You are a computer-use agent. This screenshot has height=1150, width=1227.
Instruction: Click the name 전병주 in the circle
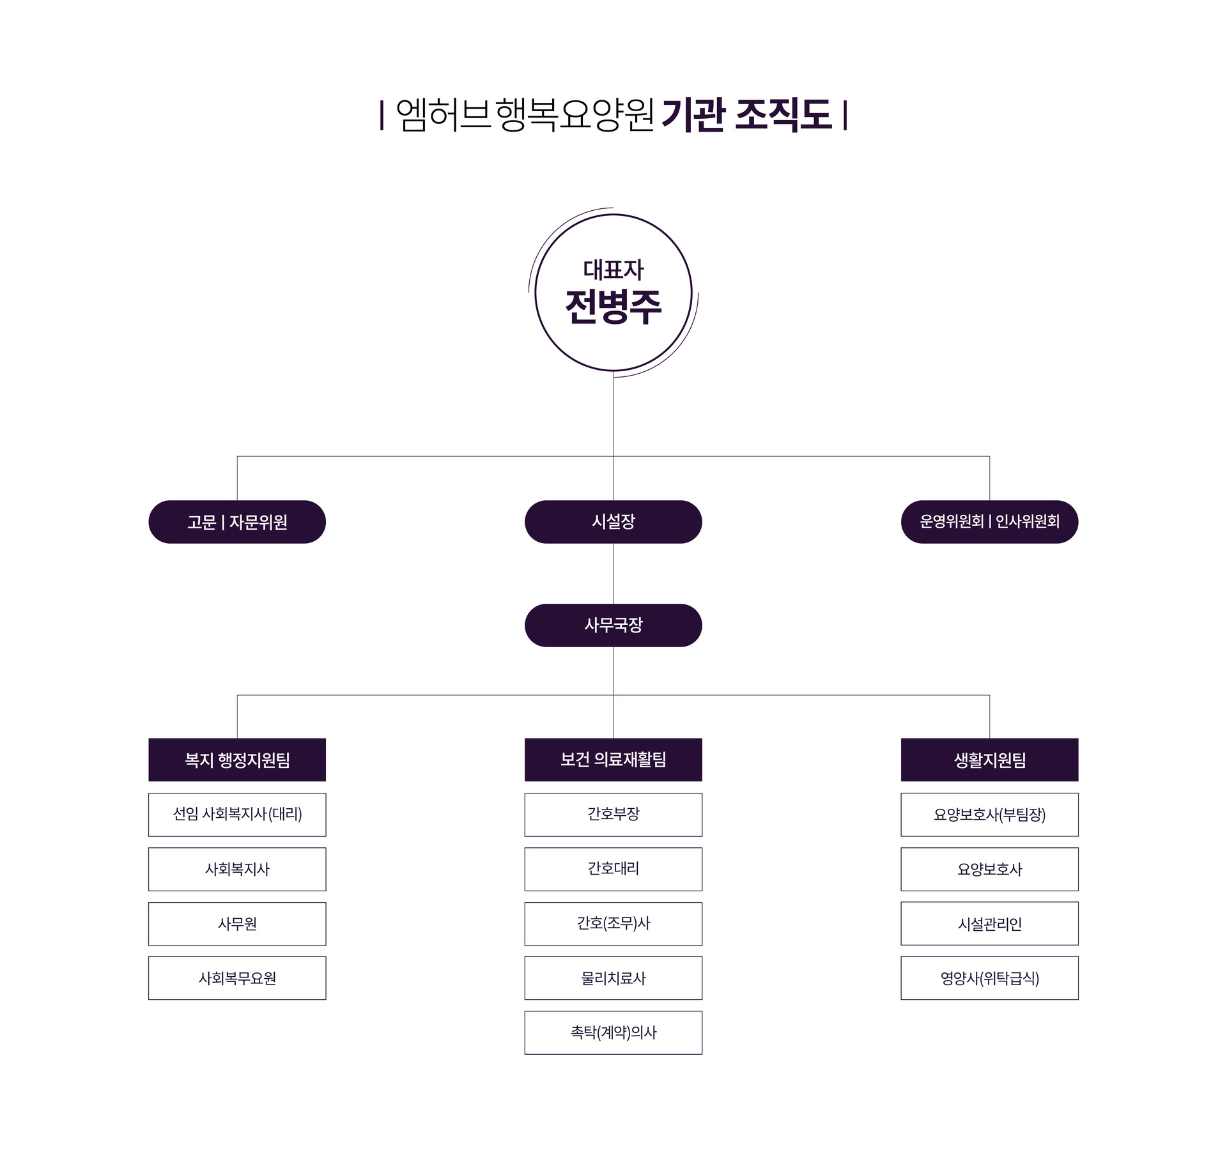click(613, 307)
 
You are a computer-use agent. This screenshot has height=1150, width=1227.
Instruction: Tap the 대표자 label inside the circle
click(613, 270)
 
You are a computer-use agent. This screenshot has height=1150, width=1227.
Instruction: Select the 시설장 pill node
click(613, 521)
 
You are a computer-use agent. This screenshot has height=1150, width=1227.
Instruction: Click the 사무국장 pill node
click(613, 625)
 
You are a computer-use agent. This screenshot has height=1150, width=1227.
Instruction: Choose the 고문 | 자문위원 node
click(237, 522)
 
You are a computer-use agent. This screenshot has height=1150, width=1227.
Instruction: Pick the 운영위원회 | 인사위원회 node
click(989, 522)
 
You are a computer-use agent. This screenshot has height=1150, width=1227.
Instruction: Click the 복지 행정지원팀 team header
click(237, 760)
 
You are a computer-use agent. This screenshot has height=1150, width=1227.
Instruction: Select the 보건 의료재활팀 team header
click(613, 760)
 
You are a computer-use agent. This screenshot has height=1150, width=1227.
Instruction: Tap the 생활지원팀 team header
click(989, 760)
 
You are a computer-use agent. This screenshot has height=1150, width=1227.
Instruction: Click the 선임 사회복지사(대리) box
click(237, 815)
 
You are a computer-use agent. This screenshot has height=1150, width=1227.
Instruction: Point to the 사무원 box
click(237, 924)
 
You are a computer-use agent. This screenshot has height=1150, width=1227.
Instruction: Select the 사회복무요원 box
click(237, 978)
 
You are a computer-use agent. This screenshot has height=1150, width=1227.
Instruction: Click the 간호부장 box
click(613, 815)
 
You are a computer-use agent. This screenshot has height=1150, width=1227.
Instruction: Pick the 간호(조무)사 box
click(613, 924)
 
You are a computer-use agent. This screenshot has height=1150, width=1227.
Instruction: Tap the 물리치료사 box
click(613, 978)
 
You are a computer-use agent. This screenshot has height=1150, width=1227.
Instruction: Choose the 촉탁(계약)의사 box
click(613, 1033)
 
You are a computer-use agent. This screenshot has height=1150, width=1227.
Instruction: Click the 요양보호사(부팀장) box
click(989, 815)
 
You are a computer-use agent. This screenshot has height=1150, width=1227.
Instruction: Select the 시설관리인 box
click(989, 924)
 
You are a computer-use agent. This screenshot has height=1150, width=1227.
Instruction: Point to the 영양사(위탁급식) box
click(989, 978)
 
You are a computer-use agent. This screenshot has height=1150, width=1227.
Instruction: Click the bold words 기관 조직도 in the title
click(746, 115)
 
